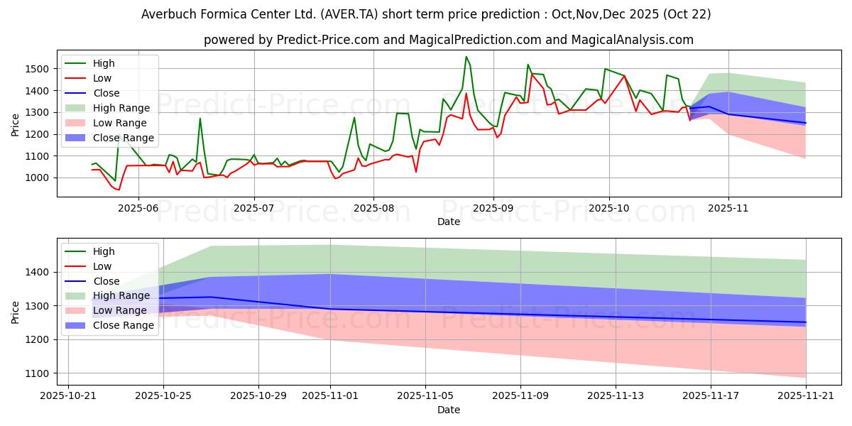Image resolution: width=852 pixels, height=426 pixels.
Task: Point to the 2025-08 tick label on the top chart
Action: [373, 208]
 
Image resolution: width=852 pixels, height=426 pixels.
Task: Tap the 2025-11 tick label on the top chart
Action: [728, 208]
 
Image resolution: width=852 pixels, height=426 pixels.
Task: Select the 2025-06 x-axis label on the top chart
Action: [138, 208]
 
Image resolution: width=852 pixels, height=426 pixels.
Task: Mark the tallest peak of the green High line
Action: [466, 57]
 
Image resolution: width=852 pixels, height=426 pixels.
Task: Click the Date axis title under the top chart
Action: [448, 222]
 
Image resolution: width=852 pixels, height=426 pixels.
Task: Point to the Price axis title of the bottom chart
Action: [16, 312]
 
